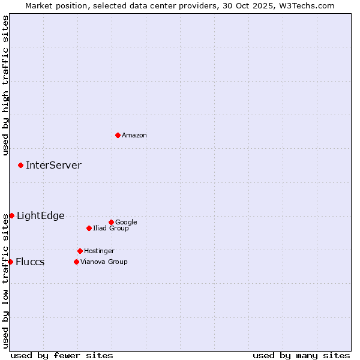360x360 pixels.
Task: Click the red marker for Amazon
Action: tap(118, 135)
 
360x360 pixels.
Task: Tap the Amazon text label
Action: tap(134, 136)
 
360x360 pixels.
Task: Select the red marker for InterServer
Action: tap(20, 165)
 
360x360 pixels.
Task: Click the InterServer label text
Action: tap(53, 166)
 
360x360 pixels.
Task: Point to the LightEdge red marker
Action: tap(11, 215)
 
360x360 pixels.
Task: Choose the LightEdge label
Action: tap(40, 216)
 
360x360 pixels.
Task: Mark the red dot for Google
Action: tap(111, 222)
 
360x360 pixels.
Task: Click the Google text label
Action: tap(126, 223)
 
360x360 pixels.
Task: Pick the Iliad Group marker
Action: tap(89, 228)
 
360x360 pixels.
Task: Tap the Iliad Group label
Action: tap(111, 229)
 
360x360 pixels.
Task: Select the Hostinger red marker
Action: tap(80, 251)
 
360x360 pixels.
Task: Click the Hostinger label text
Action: tap(99, 251)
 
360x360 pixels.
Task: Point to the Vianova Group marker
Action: tap(76, 262)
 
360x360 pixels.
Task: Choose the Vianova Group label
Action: tap(104, 262)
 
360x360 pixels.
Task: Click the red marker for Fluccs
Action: tap(10, 262)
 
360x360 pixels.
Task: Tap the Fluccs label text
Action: tap(30, 262)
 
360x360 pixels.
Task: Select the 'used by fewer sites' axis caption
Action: tap(62, 355)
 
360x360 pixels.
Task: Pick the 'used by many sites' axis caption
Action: tap(301, 355)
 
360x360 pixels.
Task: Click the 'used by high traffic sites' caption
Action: tap(5, 85)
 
